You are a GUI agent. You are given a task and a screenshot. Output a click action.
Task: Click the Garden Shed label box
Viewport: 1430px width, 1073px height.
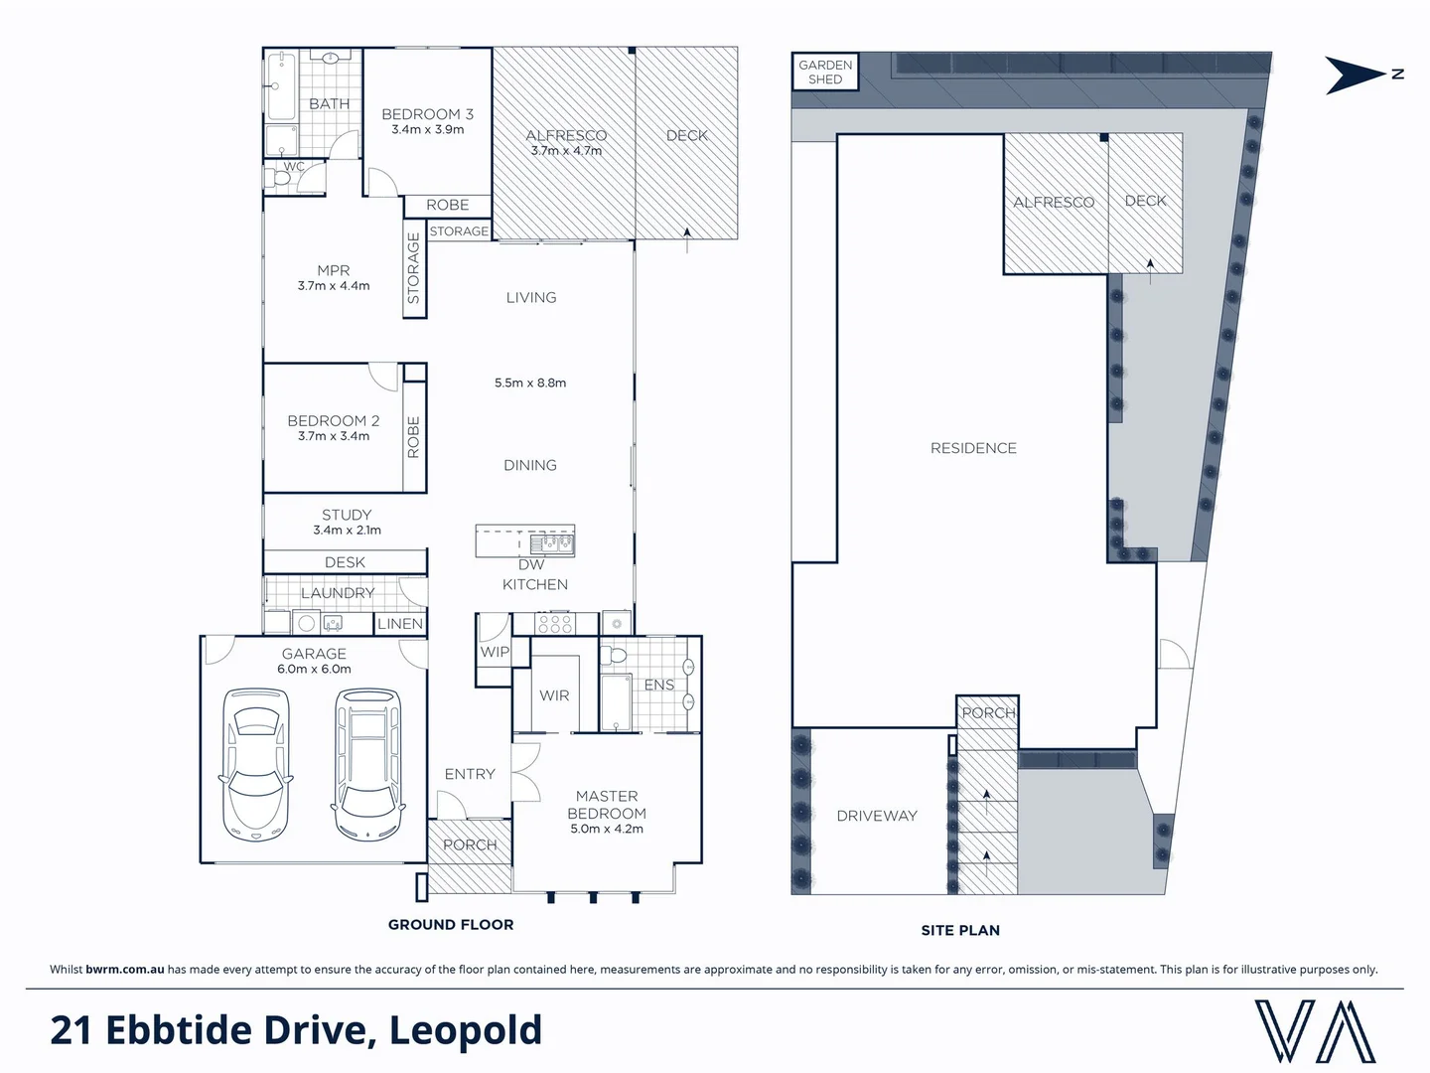(x=824, y=72)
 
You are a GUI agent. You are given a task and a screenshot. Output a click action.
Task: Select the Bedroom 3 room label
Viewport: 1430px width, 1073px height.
(x=427, y=114)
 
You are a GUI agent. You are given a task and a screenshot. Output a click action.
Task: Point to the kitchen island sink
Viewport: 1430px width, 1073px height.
(x=551, y=543)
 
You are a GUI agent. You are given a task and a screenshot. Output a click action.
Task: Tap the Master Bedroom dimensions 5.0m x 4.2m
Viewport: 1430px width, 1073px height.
(x=606, y=829)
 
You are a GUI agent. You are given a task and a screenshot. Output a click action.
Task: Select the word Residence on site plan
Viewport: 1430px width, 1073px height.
(x=973, y=448)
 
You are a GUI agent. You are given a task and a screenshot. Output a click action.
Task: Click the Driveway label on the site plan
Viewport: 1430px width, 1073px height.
(x=876, y=816)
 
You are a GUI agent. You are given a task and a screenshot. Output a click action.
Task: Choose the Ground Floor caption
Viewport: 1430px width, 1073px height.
(x=451, y=925)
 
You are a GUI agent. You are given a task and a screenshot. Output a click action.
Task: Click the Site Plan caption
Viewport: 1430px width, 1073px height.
(x=959, y=931)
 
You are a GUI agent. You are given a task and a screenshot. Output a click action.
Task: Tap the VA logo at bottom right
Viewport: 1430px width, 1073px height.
(x=1316, y=1031)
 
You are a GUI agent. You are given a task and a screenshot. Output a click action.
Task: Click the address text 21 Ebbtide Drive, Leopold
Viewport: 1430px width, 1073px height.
(x=296, y=1030)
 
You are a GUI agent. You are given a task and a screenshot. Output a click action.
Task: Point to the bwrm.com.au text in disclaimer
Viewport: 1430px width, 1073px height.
(x=124, y=970)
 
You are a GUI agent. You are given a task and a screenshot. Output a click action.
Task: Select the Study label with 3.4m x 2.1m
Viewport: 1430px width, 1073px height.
(x=347, y=522)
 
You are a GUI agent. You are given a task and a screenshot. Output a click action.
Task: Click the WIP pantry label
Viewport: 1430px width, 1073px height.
(x=495, y=653)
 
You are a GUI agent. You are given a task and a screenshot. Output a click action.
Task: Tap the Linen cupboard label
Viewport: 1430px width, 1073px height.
(x=400, y=624)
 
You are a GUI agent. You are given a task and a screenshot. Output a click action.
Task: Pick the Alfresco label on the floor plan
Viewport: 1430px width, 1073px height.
(x=566, y=136)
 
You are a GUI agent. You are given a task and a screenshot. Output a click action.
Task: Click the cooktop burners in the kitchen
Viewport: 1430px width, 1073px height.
(x=554, y=624)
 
